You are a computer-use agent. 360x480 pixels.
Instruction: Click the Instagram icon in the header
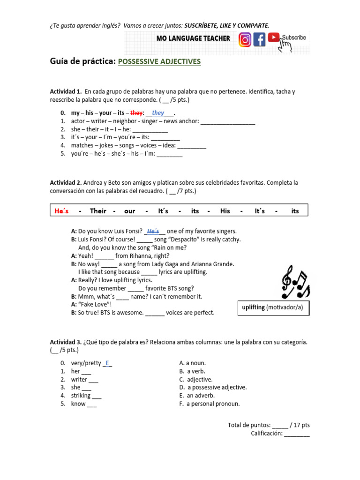click(245, 40)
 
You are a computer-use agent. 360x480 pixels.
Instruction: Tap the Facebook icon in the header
click(259, 40)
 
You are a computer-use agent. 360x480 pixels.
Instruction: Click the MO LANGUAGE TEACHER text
click(193, 38)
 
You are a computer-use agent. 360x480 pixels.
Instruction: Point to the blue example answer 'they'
click(158, 113)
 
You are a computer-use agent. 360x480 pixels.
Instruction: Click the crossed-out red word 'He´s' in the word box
click(61, 211)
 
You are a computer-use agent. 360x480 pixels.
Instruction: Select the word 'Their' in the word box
click(98, 211)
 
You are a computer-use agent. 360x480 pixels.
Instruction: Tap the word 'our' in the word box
click(130, 211)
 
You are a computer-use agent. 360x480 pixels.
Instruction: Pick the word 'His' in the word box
click(225, 211)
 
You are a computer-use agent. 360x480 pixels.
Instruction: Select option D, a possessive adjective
click(213, 387)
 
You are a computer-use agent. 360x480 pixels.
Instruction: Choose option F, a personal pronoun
click(210, 404)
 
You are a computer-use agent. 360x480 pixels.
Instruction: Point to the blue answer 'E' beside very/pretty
click(108, 363)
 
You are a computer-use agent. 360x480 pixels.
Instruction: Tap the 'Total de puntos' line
click(269, 425)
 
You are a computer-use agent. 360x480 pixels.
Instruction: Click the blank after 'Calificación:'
click(297, 434)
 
